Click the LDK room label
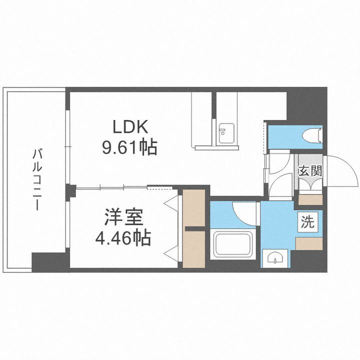(x=130, y=127)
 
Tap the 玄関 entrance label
(x=309, y=171)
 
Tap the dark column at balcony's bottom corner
(x=48, y=261)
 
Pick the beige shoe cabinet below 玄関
(x=310, y=199)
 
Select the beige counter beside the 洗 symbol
(x=309, y=243)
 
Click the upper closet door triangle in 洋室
(x=172, y=203)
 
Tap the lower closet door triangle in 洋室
(x=172, y=253)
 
